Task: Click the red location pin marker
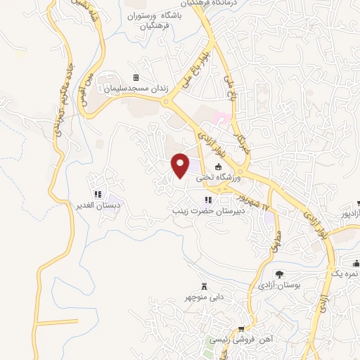pos(181,165)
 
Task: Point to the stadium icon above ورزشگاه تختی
pos(218,167)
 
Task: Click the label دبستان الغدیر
pos(98,205)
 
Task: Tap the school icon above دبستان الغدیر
pos(98,194)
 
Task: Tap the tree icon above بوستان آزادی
pos(279,274)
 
